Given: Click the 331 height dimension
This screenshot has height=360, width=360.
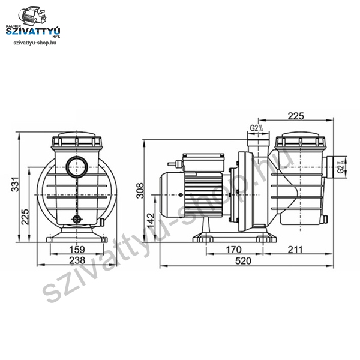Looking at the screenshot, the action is tap(16, 184).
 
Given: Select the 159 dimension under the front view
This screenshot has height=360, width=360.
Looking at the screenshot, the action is tap(77, 250).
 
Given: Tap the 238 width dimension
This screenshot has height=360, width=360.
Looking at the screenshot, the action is tap(77, 260).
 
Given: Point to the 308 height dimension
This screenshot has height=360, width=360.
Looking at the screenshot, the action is tap(140, 190).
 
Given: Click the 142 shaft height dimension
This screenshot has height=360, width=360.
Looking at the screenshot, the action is tap(151, 221).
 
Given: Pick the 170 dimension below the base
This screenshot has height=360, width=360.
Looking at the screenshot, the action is tap(234, 250).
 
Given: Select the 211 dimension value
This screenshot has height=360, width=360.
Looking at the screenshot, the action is tap(295, 250).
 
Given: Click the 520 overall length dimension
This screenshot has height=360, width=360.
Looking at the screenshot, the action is tap(244, 261).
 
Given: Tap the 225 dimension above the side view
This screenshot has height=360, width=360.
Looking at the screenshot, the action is tap(296, 116).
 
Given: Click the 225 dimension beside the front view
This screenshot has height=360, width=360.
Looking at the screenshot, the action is tap(25, 217).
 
